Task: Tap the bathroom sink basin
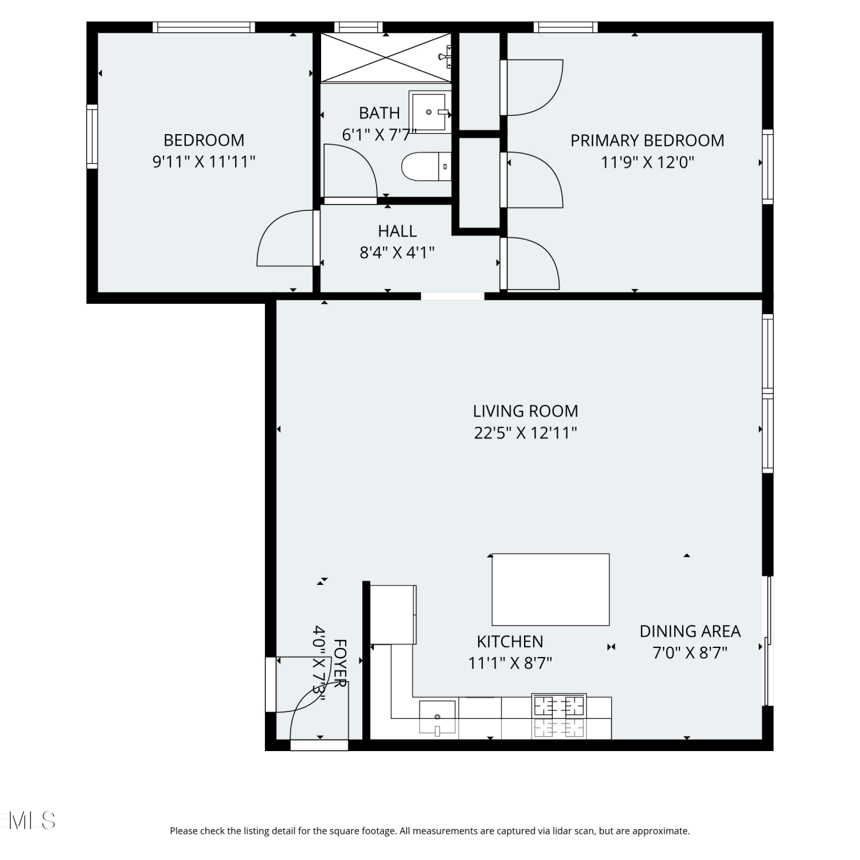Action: (429, 112)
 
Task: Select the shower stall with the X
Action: (386, 57)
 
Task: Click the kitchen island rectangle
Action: (550, 589)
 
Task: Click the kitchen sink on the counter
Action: (437, 717)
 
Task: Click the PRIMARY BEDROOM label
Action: (647, 140)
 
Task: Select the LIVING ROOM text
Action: (525, 411)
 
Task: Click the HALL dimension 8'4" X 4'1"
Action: (397, 252)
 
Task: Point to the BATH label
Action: (380, 113)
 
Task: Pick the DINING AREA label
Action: (690, 631)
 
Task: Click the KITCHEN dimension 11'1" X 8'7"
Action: (510, 663)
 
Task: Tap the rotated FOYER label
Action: (340, 664)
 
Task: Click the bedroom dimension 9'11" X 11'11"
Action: (204, 162)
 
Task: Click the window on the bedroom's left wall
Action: (92, 136)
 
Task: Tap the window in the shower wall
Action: (358, 27)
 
